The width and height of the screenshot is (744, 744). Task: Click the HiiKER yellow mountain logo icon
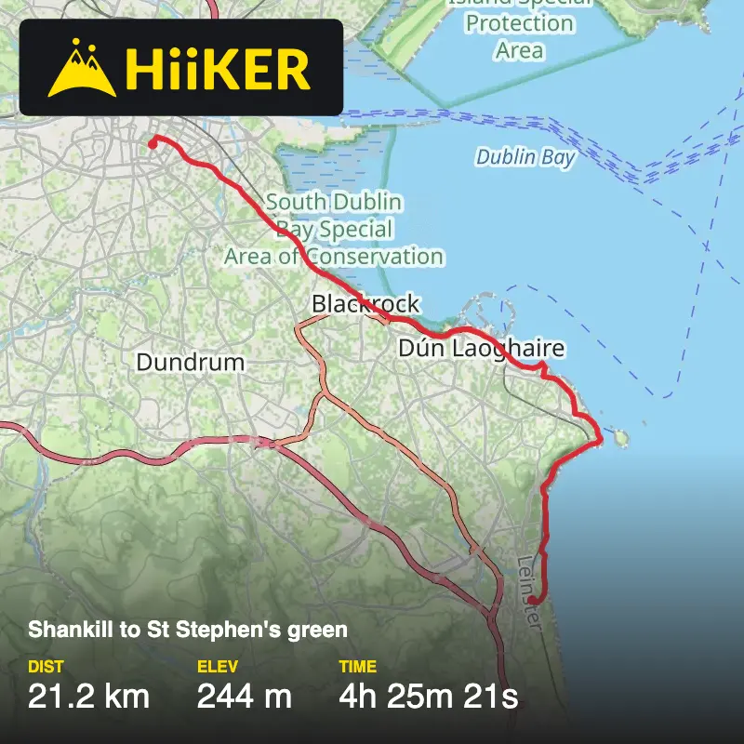(83, 68)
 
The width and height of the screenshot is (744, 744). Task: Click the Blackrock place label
(365, 304)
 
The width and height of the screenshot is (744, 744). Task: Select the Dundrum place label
(191, 362)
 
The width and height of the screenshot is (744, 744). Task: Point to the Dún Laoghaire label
(481, 350)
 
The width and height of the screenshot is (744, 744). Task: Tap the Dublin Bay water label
(525, 157)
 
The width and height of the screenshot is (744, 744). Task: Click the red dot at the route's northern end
(153, 143)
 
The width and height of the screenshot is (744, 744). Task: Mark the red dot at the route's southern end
(533, 601)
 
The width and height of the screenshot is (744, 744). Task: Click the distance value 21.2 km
(88, 696)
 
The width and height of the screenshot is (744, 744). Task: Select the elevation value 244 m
(245, 696)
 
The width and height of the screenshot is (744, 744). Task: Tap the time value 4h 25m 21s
(428, 696)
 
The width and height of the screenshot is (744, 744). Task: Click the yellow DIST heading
(46, 667)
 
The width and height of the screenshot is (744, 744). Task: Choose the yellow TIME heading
(358, 667)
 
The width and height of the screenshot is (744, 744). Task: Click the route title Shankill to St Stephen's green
(188, 630)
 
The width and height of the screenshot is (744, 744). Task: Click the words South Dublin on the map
(334, 202)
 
